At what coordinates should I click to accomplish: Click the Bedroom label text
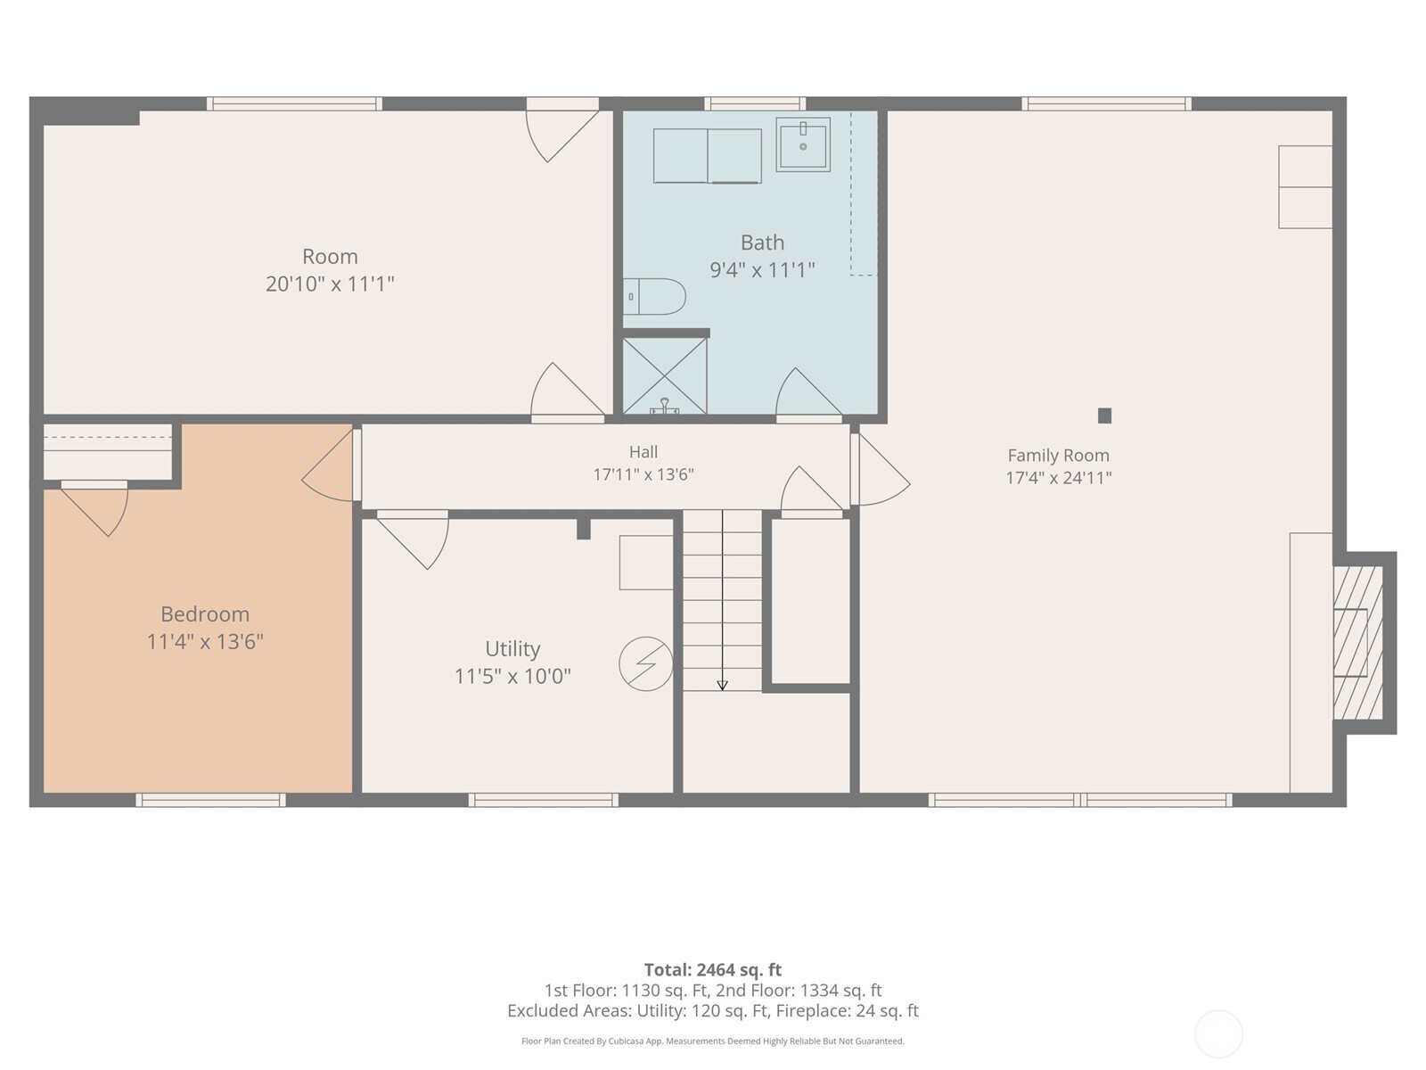(x=205, y=614)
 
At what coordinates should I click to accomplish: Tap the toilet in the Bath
(x=654, y=297)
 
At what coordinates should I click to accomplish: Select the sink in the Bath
(x=803, y=144)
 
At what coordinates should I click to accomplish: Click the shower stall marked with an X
(x=665, y=376)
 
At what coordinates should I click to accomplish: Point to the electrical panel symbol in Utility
(x=646, y=663)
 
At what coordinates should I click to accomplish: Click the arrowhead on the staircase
(x=722, y=686)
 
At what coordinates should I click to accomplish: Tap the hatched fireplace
(x=1357, y=643)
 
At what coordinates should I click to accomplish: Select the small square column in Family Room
(x=1104, y=416)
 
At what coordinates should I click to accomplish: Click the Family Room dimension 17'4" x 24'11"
(x=1058, y=478)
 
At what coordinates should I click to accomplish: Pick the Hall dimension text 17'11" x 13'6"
(x=643, y=475)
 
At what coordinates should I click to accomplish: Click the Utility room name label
(x=512, y=648)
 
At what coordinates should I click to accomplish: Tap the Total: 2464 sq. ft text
(x=713, y=970)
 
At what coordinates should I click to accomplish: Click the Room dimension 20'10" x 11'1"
(x=330, y=284)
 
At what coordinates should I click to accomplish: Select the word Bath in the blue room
(x=762, y=243)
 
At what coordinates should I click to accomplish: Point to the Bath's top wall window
(x=755, y=104)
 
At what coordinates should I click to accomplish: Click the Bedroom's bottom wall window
(x=210, y=800)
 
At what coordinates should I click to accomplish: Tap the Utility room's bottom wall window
(x=543, y=800)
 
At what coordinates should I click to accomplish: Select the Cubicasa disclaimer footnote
(x=713, y=1041)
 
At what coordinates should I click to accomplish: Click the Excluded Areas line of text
(x=713, y=1010)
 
